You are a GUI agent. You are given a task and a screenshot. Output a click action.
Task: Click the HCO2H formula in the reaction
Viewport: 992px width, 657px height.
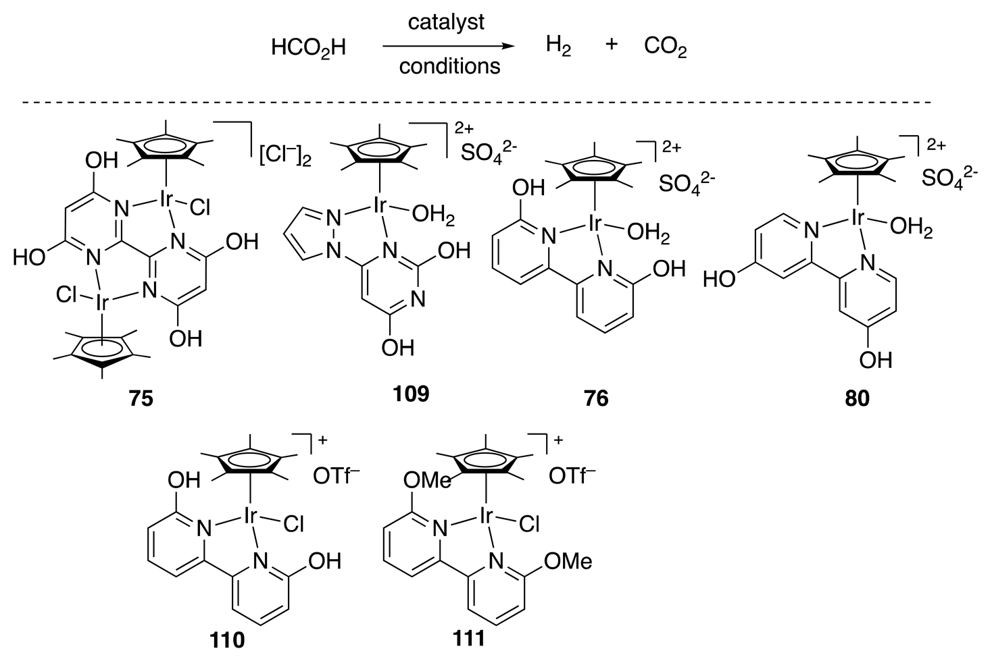pos(308,48)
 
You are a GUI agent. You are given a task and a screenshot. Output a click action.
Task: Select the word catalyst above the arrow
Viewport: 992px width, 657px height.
pos(446,22)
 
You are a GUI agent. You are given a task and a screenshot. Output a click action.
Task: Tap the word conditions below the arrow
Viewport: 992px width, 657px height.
pos(450,66)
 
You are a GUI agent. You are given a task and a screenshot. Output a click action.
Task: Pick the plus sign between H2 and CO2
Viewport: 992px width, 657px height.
pos(611,45)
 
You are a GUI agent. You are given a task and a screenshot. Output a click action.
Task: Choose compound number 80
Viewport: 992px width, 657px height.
pos(857,398)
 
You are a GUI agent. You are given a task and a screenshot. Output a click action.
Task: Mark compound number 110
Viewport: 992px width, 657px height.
pos(227,638)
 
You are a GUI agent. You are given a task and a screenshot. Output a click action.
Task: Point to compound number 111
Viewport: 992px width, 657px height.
pos(468,637)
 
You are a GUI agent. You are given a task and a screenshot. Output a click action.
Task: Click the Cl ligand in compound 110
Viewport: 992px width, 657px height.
pos(294,524)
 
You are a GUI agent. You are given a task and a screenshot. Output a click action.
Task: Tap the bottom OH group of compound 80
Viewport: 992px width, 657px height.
pos(875,360)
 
